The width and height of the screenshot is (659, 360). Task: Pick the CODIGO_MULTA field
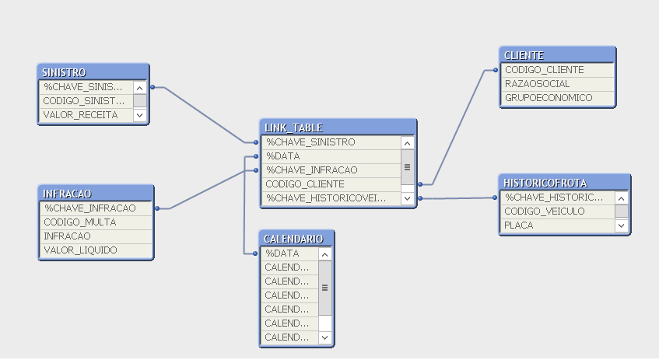pyautogui.click(x=79, y=222)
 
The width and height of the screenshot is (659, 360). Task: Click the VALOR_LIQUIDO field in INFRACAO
pyautogui.click(x=80, y=250)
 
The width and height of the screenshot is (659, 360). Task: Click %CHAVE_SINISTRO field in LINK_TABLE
pyautogui.click(x=330, y=142)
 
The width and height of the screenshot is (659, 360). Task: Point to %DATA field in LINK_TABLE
pyautogui.click(x=330, y=156)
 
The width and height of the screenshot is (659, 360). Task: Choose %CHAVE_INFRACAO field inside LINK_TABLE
pyautogui.click(x=330, y=170)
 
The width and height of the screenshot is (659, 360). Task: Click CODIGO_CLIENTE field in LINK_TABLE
pyautogui.click(x=330, y=184)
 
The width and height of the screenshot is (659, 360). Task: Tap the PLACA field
pyautogui.click(x=557, y=225)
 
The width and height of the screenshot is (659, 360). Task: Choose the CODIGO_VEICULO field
pyautogui.click(x=557, y=211)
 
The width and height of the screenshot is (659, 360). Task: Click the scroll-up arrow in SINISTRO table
pyautogui.click(x=140, y=88)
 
